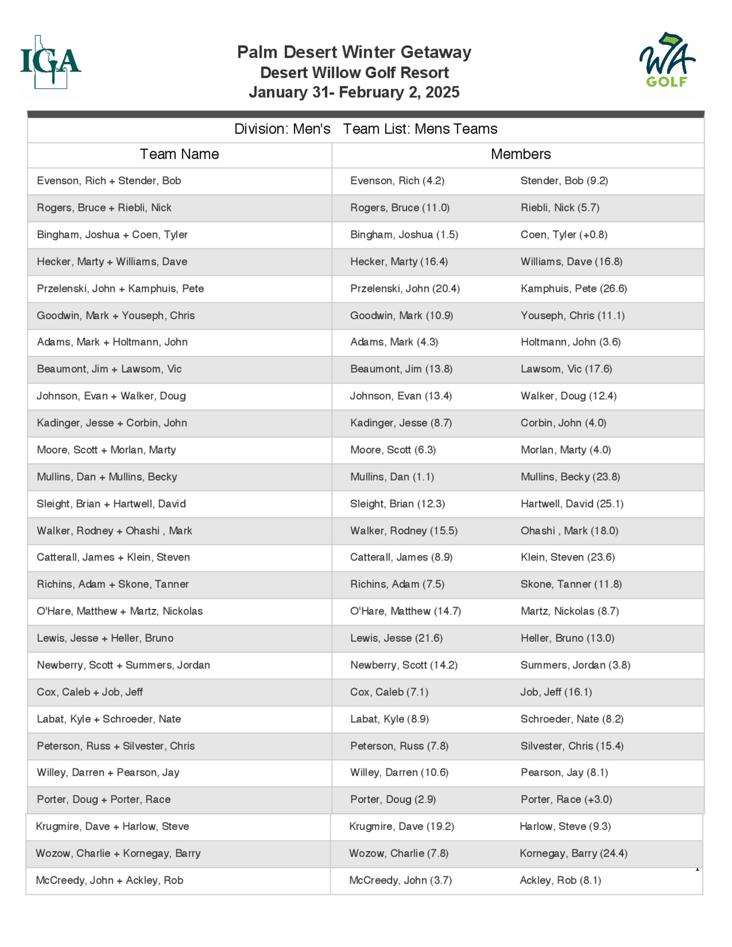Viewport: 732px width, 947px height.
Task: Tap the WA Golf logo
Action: (667, 61)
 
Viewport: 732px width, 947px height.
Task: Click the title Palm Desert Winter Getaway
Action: (354, 52)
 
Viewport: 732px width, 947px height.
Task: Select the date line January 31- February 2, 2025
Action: (354, 92)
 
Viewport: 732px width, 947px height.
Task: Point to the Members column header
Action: (520, 154)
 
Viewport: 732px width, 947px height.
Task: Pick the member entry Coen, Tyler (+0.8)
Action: (564, 235)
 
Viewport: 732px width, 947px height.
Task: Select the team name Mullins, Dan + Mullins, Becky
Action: (107, 476)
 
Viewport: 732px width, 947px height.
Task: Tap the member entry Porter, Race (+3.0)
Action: (566, 799)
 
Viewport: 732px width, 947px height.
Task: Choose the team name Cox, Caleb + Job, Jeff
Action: (90, 692)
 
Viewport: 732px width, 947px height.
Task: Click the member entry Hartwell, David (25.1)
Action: (572, 504)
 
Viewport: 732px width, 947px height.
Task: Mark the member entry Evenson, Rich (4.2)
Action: (397, 181)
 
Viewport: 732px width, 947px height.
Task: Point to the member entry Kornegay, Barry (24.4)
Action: (573, 853)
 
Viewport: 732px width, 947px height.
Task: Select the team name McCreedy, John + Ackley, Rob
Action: (109, 880)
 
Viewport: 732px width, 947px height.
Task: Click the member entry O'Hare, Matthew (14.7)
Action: (406, 611)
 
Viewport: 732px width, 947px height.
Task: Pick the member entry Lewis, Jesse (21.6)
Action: (396, 638)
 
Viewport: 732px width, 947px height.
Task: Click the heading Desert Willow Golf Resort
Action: (354, 72)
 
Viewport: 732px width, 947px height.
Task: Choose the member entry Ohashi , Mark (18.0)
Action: (569, 530)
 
